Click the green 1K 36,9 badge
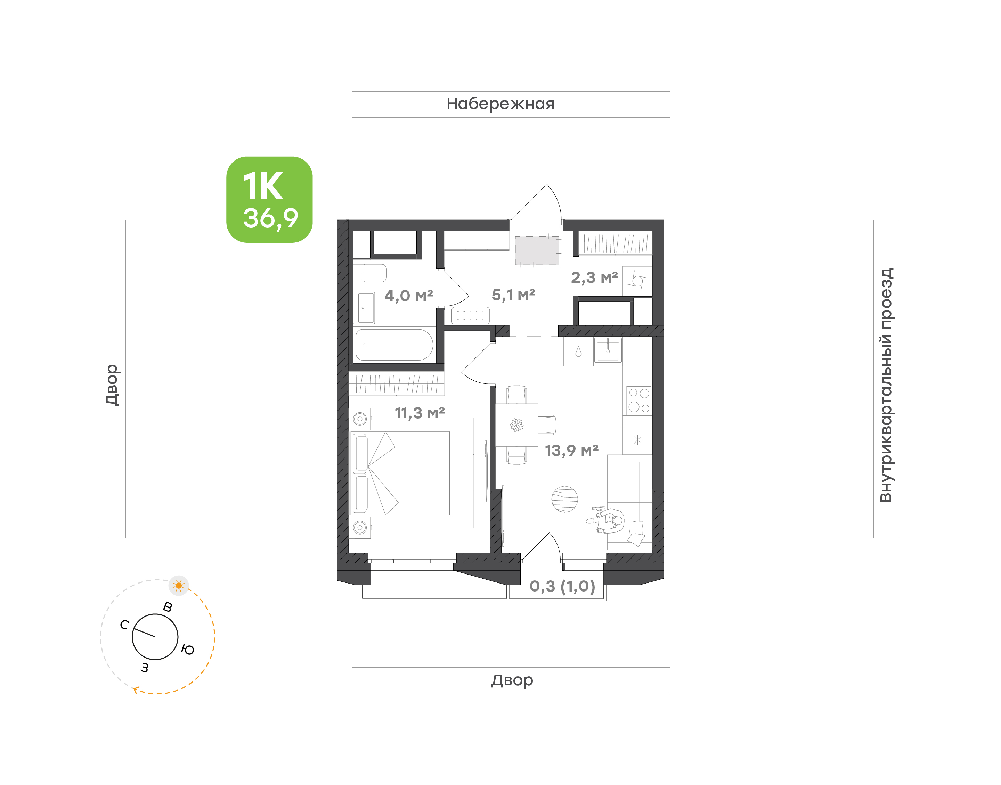[269, 199]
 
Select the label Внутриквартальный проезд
[886, 385]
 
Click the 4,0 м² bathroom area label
[409, 296]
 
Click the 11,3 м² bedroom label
[420, 413]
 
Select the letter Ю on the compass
[188, 649]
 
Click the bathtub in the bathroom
[394, 345]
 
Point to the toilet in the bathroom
[370, 273]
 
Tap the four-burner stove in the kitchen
[639, 400]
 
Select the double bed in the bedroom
[400, 473]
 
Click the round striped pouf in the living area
[565, 499]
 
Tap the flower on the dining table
[516, 425]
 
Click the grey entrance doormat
[537, 251]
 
